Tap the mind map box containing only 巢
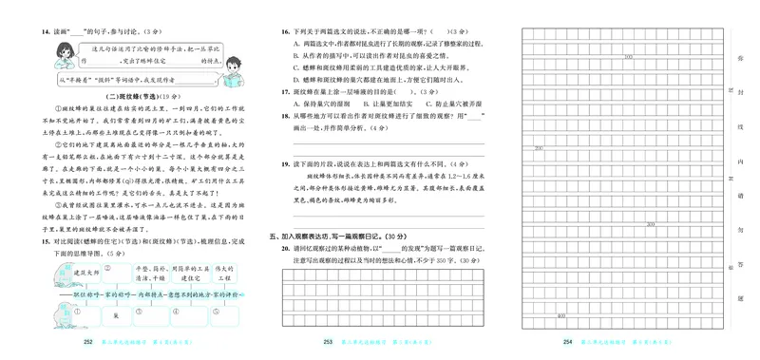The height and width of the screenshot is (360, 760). point(115,313)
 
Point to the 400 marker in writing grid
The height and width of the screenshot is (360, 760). point(561,315)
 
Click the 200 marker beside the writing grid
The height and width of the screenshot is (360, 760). point(539,149)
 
